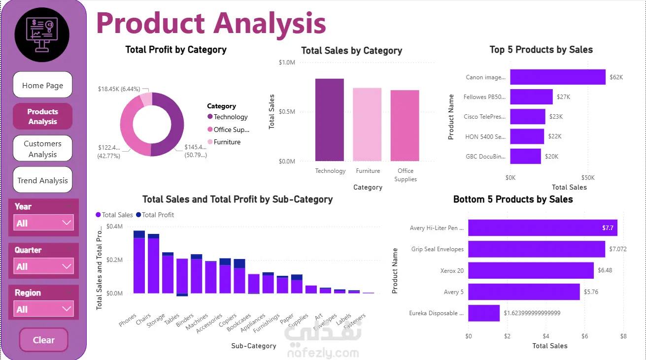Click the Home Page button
[42, 85]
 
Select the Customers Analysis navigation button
[42, 149]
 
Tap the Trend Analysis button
[42, 180]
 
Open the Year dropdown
[44, 223]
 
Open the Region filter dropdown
[44, 309]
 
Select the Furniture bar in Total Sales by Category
[367, 124]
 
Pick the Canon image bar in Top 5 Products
[557, 77]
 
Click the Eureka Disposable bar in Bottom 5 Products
[483, 313]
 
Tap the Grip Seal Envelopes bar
[536, 249]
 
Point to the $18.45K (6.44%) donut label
[119, 89]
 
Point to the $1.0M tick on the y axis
[287, 63]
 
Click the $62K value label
[616, 77]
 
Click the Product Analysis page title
[211, 23]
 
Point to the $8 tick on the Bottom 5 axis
[623, 336]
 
